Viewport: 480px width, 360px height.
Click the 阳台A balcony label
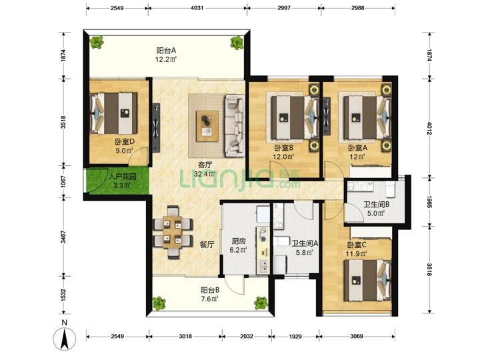(x=167, y=51)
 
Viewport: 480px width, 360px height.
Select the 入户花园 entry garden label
(x=123, y=177)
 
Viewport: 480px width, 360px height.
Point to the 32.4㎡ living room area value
(x=205, y=174)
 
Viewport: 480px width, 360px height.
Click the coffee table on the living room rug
(x=207, y=126)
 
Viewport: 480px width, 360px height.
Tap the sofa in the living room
(x=235, y=125)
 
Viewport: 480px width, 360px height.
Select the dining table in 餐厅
(x=173, y=233)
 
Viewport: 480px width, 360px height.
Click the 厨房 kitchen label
(x=238, y=241)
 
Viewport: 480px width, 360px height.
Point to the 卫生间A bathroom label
(x=305, y=244)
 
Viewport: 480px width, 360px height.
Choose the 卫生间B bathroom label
(x=376, y=204)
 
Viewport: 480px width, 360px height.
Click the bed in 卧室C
(x=367, y=280)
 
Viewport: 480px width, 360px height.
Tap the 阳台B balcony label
(x=210, y=289)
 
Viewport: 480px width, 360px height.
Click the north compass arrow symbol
(x=64, y=338)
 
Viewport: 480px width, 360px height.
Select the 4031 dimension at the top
(x=197, y=8)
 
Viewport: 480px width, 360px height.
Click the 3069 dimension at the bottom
(x=357, y=336)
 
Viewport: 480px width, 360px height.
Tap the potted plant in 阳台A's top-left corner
(x=97, y=42)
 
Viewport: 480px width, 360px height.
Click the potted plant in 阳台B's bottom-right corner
(x=261, y=303)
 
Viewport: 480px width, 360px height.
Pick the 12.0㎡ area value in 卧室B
(x=283, y=157)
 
